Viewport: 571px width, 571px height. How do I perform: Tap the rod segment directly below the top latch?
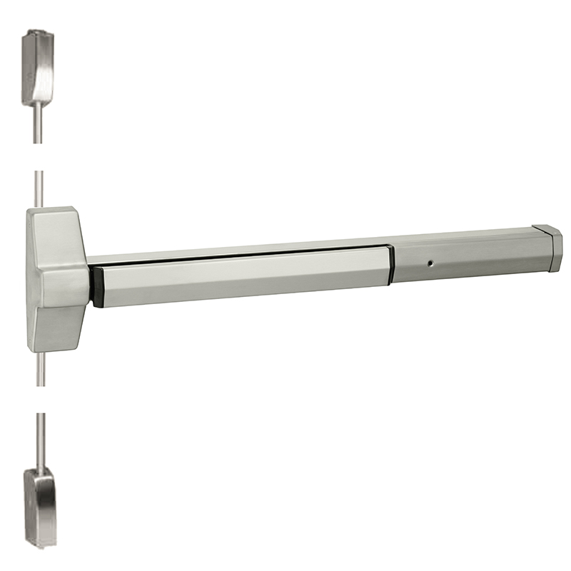click(37, 125)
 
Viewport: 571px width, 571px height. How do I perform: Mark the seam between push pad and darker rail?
click(391, 265)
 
